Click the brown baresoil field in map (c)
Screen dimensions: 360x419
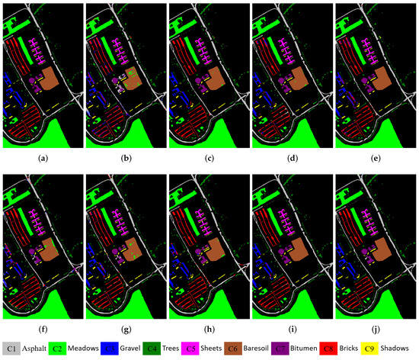pyautogui.click(x=219, y=79)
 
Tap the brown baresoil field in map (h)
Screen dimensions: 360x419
pyautogui.click(x=219, y=252)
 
